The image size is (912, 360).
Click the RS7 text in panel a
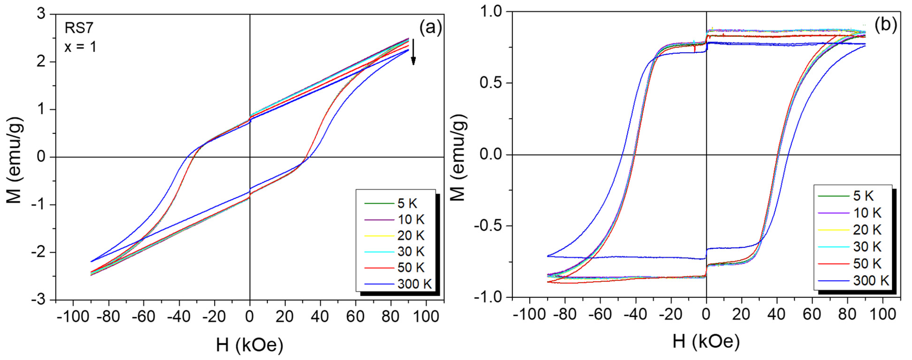tap(79, 28)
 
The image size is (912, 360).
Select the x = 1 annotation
tap(80, 47)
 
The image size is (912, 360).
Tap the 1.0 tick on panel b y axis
tap(491, 12)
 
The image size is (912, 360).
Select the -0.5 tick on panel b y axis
tap(488, 226)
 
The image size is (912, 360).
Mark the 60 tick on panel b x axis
tap(812, 314)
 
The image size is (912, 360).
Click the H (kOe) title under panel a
tap(250, 345)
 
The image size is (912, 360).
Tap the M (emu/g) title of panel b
tap(459, 158)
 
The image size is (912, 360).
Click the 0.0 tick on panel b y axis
tap(491, 155)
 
